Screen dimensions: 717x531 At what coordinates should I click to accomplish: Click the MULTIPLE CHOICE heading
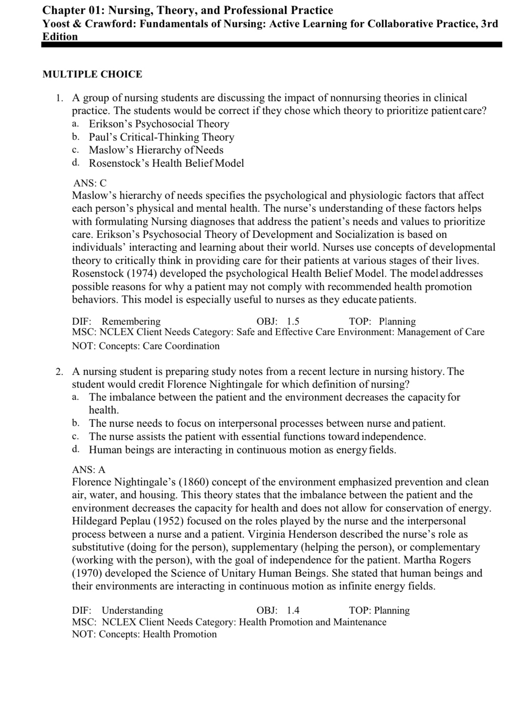point(92,74)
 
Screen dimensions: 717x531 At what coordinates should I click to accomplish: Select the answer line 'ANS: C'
point(90,183)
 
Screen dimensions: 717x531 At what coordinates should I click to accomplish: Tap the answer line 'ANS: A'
point(88,469)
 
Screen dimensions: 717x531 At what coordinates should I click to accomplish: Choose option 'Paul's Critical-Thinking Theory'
point(161,137)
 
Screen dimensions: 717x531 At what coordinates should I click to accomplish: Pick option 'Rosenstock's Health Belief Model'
point(166,163)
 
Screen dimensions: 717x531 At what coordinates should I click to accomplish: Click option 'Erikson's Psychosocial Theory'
point(159,124)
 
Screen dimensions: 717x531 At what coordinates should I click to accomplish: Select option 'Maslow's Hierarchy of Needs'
point(156,150)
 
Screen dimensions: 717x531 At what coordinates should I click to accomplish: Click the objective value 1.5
point(293,322)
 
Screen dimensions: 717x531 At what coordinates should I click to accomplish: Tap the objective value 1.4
point(293,610)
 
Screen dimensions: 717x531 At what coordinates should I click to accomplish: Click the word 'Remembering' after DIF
point(131,322)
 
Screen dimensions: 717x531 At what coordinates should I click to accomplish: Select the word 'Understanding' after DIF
point(132,610)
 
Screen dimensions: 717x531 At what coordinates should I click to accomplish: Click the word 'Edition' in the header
point(60,37)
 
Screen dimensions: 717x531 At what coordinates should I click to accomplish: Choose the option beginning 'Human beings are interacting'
point(242,450)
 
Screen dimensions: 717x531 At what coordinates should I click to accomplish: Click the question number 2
point(59,371)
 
